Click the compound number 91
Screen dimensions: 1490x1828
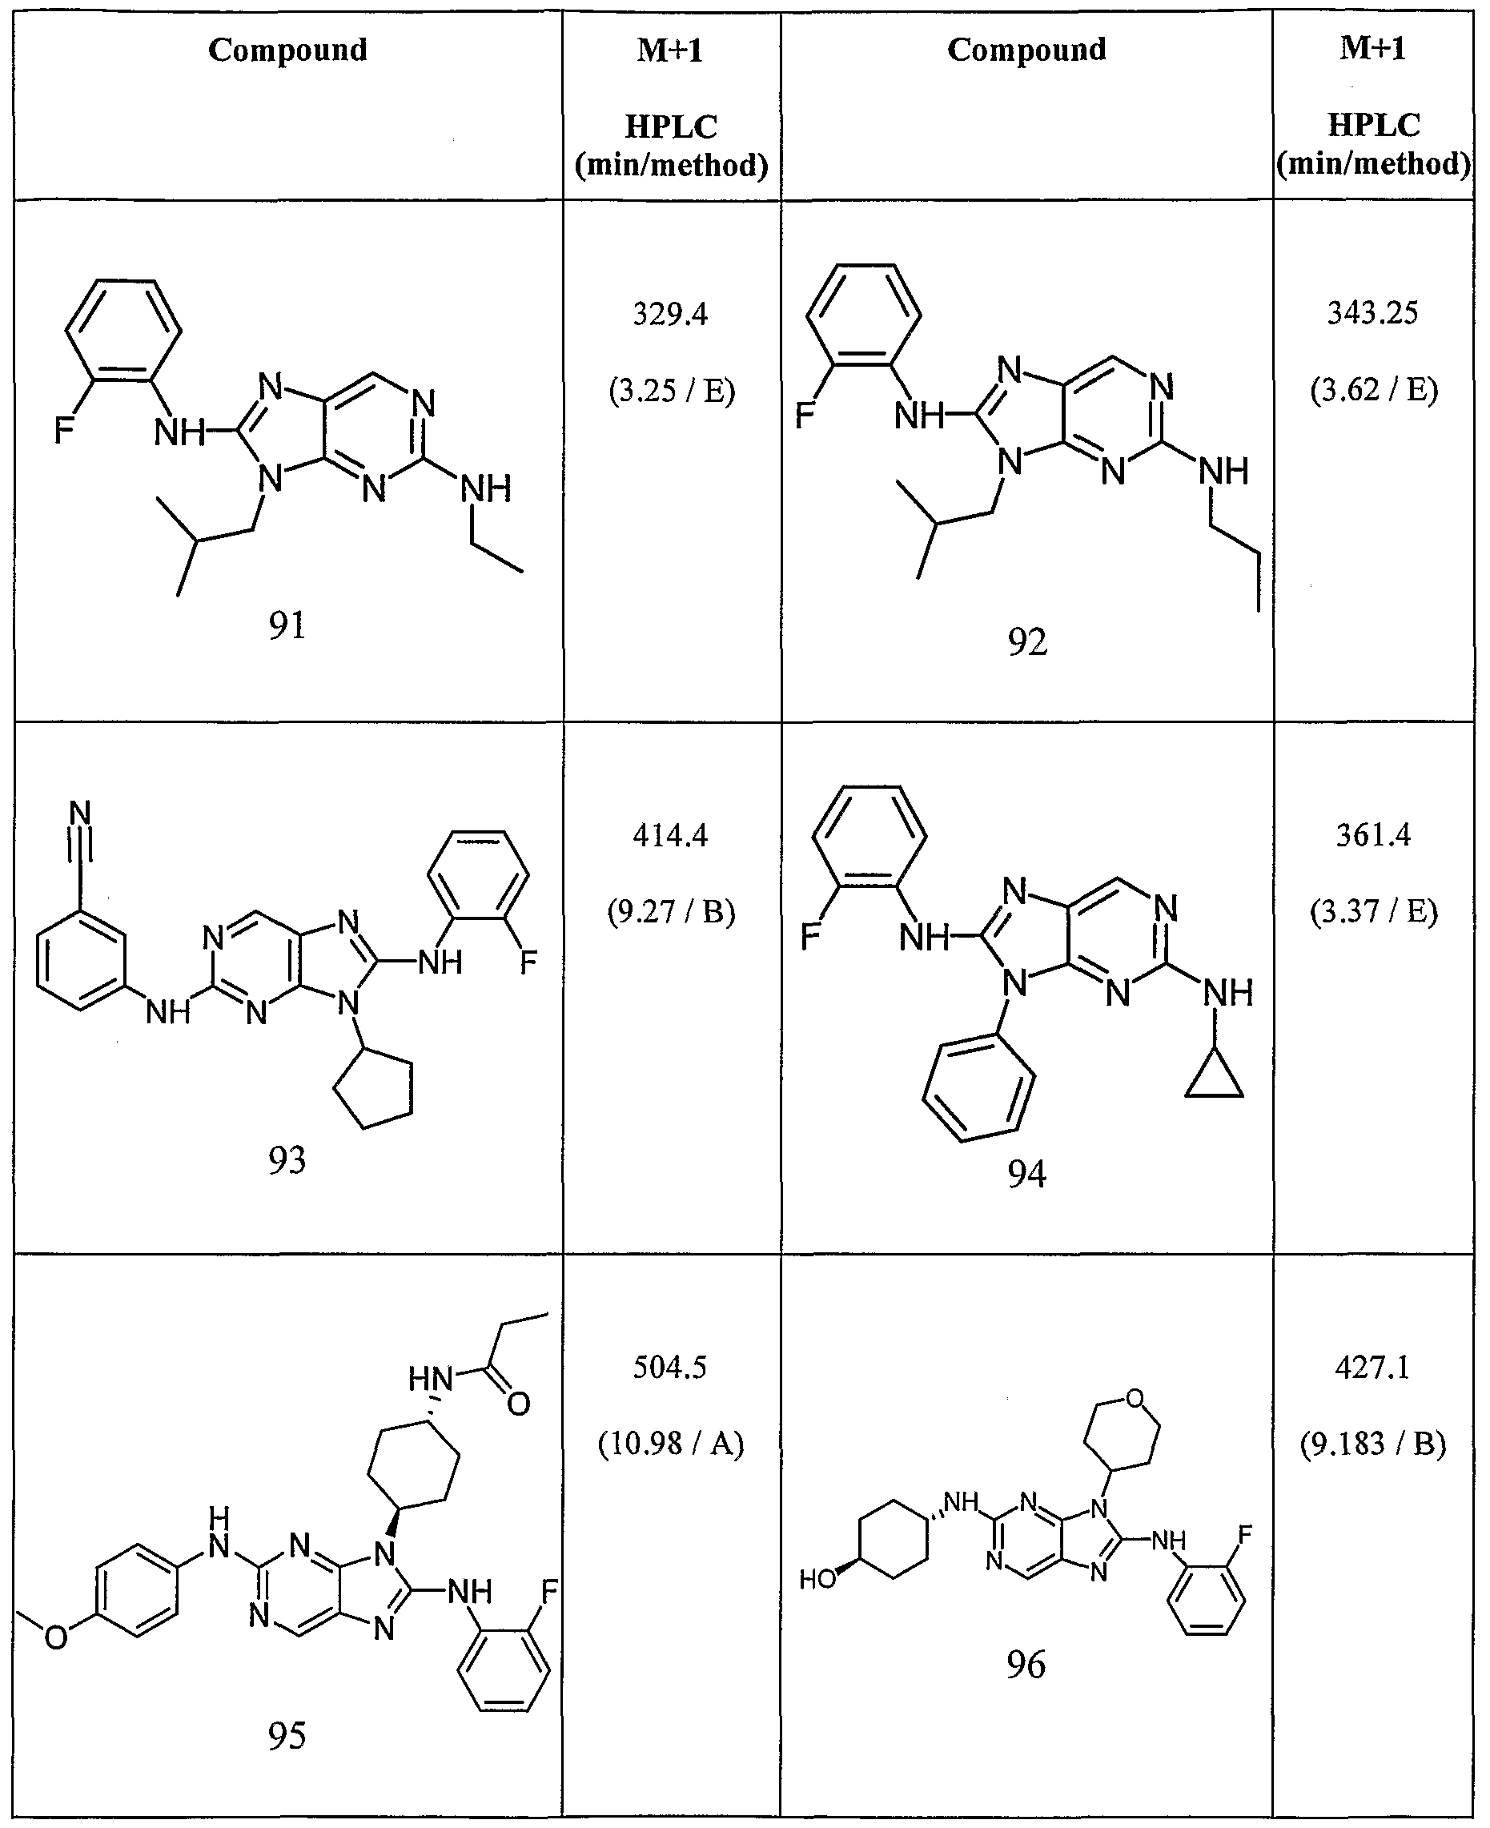287,625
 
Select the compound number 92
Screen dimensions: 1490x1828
1026,642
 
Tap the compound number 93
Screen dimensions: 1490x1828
287,1160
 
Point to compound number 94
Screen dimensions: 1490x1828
1026,1173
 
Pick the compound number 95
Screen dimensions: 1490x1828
287,1735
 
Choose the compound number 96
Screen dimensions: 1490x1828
1026,1665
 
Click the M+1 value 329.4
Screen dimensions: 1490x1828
670,314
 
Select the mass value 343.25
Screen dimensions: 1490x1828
1372,312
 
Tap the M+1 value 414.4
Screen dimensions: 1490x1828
670,834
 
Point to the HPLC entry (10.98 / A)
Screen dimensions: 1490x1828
670,1444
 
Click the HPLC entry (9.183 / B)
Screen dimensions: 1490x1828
1372,1444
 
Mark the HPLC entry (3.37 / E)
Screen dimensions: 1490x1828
1372,911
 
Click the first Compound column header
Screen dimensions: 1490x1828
287,50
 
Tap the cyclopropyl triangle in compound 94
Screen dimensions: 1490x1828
1215,1078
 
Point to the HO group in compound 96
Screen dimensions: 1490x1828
817,1579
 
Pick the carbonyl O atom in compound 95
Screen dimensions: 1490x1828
518,1404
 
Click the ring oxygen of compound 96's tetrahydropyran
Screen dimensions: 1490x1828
1135,1399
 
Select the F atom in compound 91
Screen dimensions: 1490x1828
64,430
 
